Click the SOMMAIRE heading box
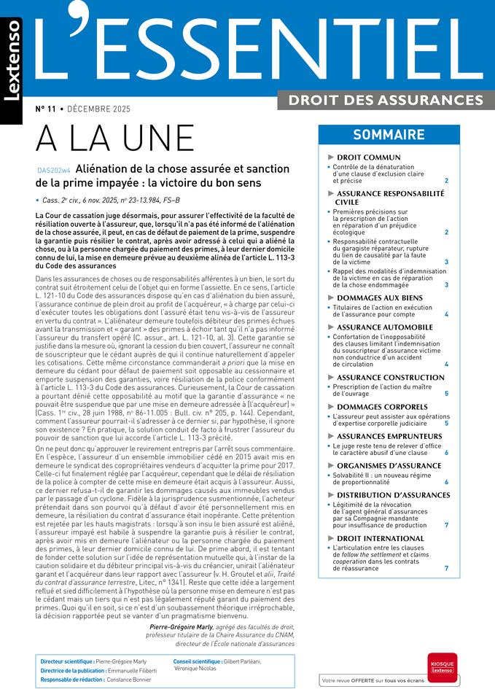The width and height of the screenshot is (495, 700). (389, 135)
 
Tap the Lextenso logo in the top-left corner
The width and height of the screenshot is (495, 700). (12, 61)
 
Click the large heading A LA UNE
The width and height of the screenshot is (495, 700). (115, 139)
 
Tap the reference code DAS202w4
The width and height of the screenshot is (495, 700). (54, 171)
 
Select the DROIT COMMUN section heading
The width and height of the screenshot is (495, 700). (368, 157)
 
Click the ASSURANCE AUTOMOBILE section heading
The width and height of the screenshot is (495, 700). (384, 327)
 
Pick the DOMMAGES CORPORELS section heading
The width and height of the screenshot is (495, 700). (381, 406)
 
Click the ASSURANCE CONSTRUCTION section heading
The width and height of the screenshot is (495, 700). (390, 378)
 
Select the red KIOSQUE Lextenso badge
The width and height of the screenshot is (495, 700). (442, 666)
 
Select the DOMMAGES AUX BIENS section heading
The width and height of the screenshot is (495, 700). (379, 298)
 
